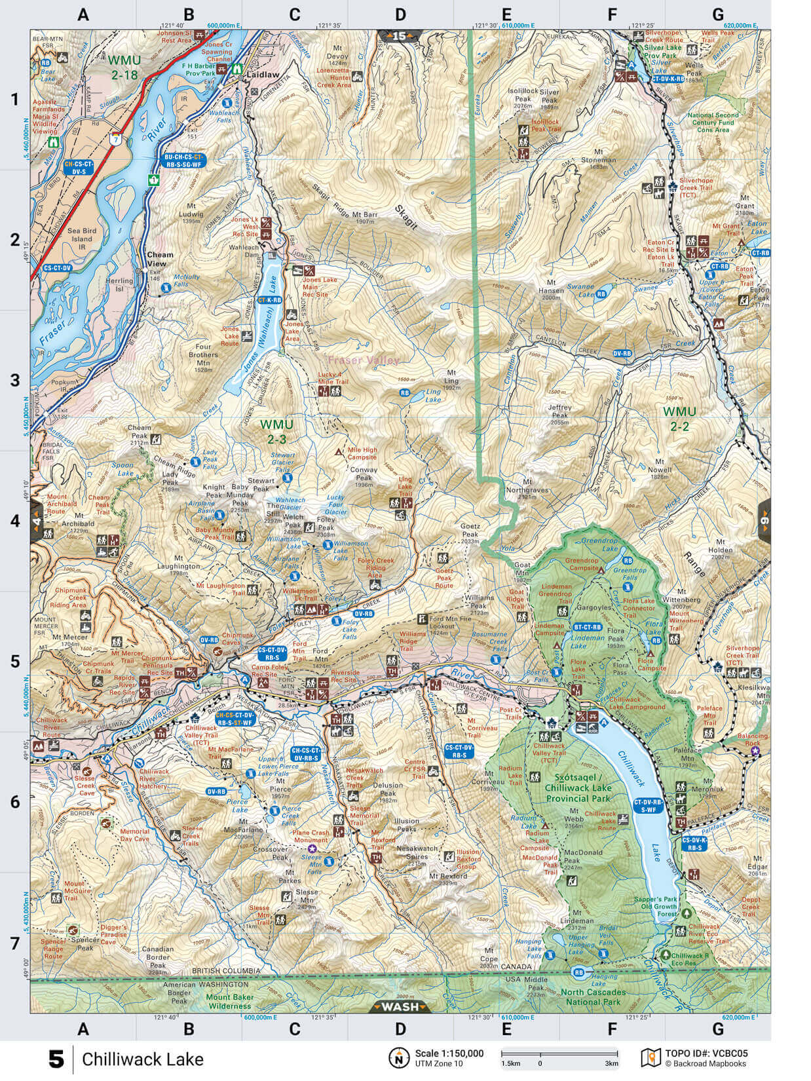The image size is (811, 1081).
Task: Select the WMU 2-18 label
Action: coord(123,67)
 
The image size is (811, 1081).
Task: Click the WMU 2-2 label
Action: coord(679,418)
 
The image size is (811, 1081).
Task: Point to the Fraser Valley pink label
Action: coord(363,360)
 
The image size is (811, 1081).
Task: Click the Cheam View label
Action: coord(160,259)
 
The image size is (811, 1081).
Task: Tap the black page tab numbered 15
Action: coord(400,36)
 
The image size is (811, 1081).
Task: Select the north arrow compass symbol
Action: coord(398,1057)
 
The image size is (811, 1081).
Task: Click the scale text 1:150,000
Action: coord(449,1053)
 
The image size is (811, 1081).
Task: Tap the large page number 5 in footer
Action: coord(57,1059)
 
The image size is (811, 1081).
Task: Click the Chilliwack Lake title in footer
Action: coord(143,1059)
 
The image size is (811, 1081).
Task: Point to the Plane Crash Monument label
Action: coord(311,837)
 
